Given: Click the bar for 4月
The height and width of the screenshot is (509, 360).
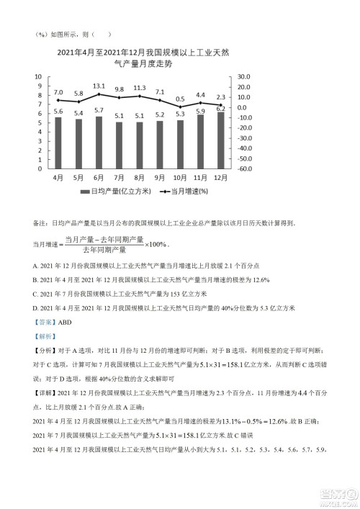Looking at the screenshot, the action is pyautogui.click(x=58, y=143).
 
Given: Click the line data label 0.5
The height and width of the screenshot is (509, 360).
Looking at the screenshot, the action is pyautogui.click(x=180, y=99).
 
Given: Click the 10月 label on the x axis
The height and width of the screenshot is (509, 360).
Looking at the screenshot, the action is pyautogui.click(x=180, y=176).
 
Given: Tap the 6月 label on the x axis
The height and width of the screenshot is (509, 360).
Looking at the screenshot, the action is pyautogui.click(x=99, y=176).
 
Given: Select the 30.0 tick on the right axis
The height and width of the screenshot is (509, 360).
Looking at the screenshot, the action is pyautogui.click(x=242, y=76).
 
